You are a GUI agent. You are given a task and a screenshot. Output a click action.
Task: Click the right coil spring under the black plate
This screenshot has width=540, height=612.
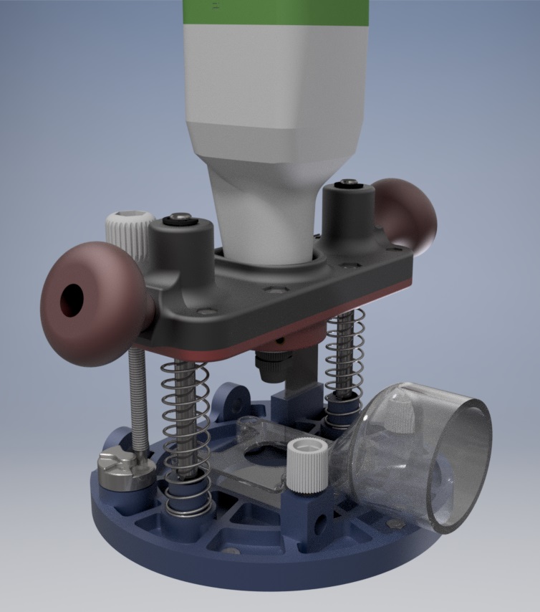[x=344, y=358]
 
